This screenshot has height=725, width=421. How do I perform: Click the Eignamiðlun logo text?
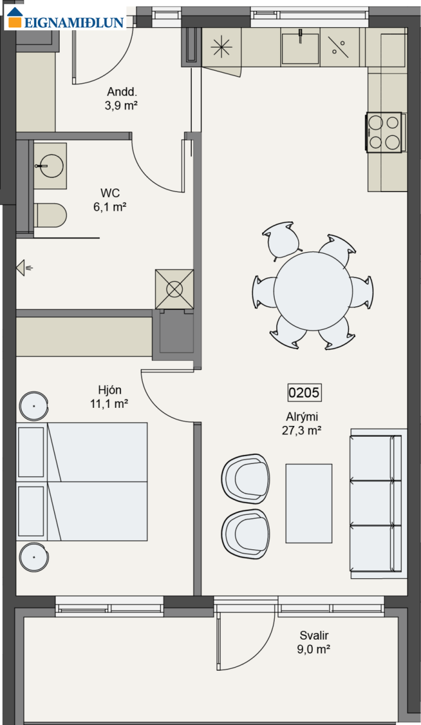(74, 22)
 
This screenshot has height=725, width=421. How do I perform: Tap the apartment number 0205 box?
(305, 393)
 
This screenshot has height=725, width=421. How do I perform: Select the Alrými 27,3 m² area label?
(302, 424)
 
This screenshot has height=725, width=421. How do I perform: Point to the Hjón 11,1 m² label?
(109, 397)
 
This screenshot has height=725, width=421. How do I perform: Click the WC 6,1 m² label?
(110, 200)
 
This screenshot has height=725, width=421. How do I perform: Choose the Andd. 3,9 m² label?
(122, 98)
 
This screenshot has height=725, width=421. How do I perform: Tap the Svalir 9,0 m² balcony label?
(314, 642)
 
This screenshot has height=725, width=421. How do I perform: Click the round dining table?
(313, 291)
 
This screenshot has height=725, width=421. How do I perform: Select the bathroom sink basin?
(51, 166)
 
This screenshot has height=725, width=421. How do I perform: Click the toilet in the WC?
(50, 215)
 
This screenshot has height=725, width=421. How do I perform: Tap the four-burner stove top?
(384, 132)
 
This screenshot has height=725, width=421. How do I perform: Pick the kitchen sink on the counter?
(300, 48)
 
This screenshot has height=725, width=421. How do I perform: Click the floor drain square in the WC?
(174, 289)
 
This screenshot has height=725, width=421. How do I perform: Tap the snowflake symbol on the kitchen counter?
(221, 47)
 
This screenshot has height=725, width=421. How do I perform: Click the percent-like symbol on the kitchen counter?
(338, 47)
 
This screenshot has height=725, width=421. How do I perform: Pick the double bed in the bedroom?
(82, 482)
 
